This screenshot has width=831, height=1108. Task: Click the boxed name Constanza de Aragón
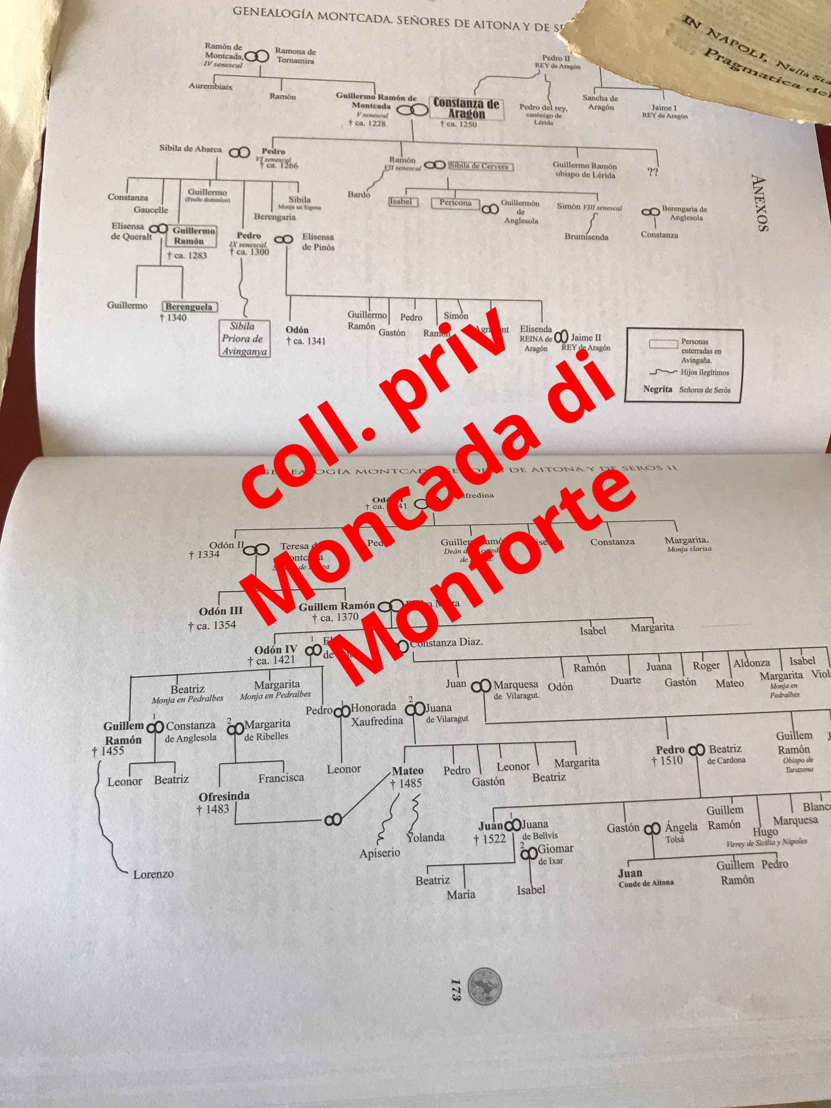[x=465, y=109]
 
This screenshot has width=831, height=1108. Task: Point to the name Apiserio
[x=380, y=853]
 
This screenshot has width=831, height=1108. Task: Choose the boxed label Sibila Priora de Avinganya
[x=245, y=338]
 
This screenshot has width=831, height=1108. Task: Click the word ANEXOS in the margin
[x=760, y=203]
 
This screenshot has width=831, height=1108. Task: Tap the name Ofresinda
[x=224, y=796]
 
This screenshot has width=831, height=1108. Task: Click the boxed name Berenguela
[x=189, y=306]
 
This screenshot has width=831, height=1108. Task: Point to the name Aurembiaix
[x=210, y=86]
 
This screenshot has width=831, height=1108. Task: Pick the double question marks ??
[x=652, y=172]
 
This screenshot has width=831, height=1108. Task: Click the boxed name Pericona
[x=455, y=203]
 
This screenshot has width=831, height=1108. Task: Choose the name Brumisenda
[x=586, y=236]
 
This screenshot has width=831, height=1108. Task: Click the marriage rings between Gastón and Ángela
[x=652, y=829]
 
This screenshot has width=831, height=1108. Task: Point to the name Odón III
[x=220, y=611]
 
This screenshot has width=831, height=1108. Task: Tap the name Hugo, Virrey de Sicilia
[x=765, y=832]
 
